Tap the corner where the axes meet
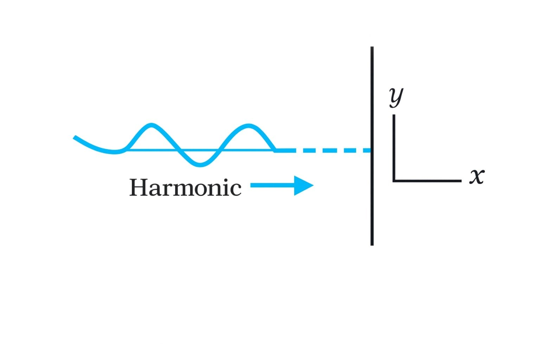point(394,181)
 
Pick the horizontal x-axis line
point(427,181)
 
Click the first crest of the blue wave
point(151,125)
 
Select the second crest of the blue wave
point(249,126)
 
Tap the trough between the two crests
point(200,165)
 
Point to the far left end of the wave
point(75,137)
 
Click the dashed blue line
point(323,150)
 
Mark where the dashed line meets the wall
point(371,150)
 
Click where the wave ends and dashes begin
point(275,150)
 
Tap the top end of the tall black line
point(372,47)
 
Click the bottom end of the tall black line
point(372,244)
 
